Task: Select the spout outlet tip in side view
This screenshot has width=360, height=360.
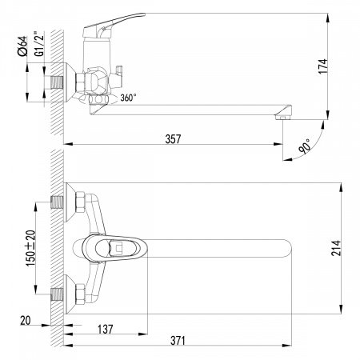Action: tap(282, 116)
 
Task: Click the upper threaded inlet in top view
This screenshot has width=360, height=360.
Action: tap(57, 202)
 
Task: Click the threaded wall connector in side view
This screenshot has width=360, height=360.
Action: tap(56, 82)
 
